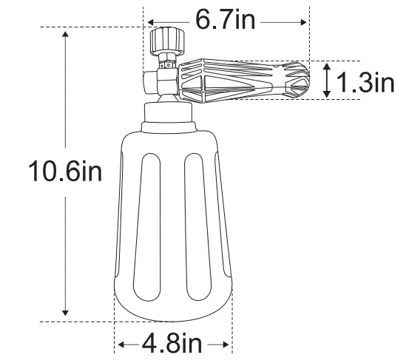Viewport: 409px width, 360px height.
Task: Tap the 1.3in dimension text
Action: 366,81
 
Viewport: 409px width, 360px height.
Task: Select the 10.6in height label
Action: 63,174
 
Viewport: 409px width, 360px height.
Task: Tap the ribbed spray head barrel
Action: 237,79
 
